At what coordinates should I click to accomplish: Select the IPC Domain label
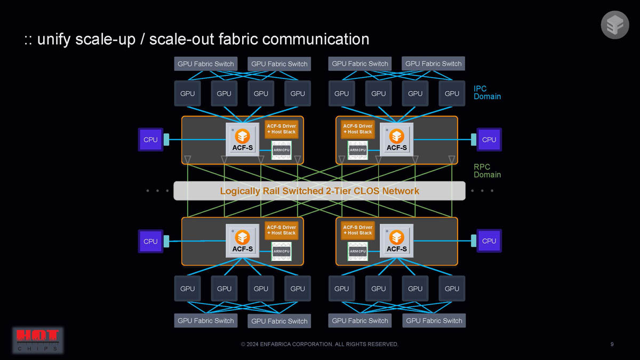coord(487,93)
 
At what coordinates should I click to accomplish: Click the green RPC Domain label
coord(487,171)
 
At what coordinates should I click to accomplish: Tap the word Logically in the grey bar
coord(240,191)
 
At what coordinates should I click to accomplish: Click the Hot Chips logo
coord(38,340)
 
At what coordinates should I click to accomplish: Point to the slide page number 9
coord(612,345)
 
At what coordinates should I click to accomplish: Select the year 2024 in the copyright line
coord(252,345)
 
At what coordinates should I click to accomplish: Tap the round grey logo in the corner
coord(615,25)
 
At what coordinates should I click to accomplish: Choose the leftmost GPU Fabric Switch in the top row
coord(205,64)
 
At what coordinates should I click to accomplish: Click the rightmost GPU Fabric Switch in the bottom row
coord(434,321)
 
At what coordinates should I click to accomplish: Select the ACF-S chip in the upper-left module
coord(242,140)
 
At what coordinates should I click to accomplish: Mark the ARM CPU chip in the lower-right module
coord(358,251)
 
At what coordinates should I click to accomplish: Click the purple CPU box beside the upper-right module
coord(489,140)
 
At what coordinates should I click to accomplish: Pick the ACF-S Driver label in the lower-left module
coord(281,230)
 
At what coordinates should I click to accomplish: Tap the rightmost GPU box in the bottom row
coord(451,289)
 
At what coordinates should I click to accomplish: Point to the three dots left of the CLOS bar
coord(157,190)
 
